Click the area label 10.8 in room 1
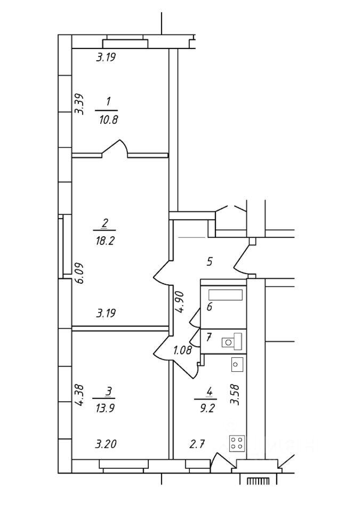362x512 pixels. click(108, 119)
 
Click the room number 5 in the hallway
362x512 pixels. click(210, 261)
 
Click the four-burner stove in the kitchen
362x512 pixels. click(237, 443)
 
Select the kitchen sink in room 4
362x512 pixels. click(238, 365)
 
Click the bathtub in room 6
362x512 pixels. click(226, 295)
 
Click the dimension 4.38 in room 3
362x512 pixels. click(79, 396)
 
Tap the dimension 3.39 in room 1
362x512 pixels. click(79, 105)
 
